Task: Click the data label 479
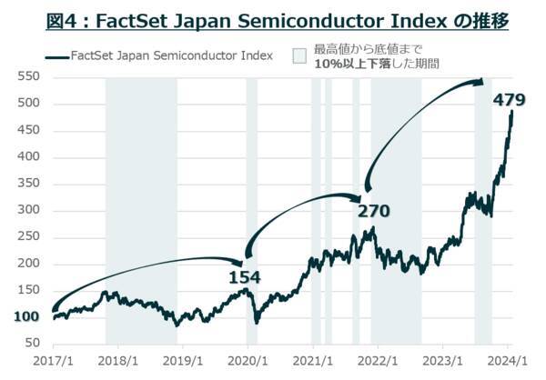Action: point(510,99)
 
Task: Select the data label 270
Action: point(373,211)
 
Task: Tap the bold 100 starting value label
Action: point(27,316)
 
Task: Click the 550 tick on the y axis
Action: point(28,76)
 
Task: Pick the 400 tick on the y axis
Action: point(28,157)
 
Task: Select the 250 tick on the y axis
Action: point(28,237)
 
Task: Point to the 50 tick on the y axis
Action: point(32,344)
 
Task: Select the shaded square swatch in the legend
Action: point(298,55)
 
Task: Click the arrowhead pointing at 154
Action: point(246,251)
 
